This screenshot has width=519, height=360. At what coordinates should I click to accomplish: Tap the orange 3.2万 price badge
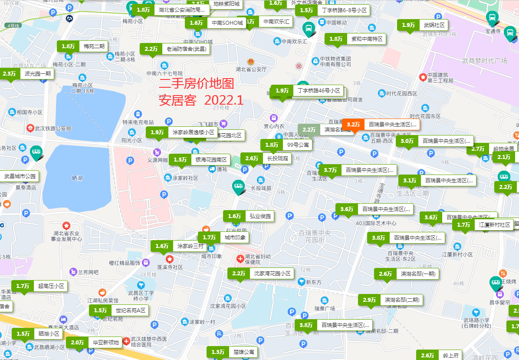coord(354,125)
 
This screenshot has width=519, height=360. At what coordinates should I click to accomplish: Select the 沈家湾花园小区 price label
coord(261,274)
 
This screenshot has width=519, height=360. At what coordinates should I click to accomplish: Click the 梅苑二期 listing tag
coord(83,46)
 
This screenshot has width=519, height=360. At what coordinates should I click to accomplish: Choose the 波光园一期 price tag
coord(27,74)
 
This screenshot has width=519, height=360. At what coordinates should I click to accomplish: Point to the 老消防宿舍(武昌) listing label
coord(175,49)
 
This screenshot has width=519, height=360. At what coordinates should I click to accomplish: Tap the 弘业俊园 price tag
coord(249,216)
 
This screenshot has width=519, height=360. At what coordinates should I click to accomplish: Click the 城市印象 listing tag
coord(223,238)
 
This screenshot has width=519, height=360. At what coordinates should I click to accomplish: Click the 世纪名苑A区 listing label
coord(119,310)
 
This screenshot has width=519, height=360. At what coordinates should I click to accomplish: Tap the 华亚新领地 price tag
coord(95,343)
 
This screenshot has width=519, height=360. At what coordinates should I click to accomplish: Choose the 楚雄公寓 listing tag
coord(232,352)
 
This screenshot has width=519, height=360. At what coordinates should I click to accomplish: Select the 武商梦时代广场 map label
coord(484,61)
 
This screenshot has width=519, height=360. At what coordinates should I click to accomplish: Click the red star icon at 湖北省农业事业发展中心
coord(66,226)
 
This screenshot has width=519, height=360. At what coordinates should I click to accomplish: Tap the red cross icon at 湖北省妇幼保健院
coord(240,259)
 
